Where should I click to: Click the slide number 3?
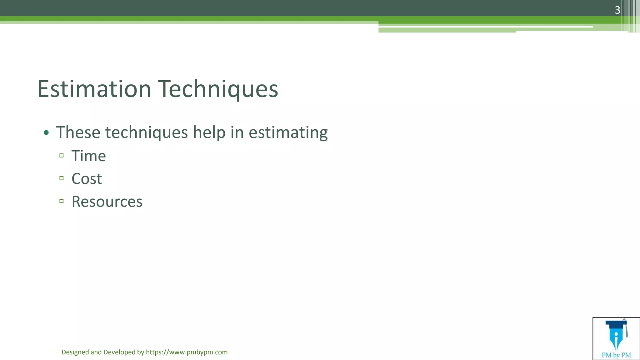point(617,10)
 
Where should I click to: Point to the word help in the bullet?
point(209,132)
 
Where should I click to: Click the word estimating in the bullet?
point(288,133)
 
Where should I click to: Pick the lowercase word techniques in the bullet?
point(146,133)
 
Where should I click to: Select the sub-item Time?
point(89,156)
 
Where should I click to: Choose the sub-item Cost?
point(87,179)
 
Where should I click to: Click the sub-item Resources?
point(107,202)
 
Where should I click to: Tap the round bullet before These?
point(46,133)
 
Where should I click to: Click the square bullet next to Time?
point(62,155)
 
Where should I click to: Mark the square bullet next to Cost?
point(62,178)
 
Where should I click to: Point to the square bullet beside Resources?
point(62,201)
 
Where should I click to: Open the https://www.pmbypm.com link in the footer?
point(187,352)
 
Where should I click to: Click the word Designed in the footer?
point(75,352)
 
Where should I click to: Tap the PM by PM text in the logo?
point(616,355)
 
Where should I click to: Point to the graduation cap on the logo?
point(616,324)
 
